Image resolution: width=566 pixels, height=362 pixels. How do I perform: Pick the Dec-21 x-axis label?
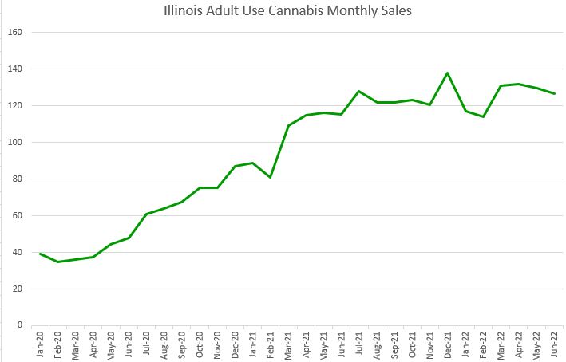click(448, 343)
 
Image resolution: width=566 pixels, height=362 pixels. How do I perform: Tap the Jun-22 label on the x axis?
click(554, 343)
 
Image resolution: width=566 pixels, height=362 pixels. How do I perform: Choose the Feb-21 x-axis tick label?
click(271, 343)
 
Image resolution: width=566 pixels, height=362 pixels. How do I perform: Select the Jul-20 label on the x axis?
click(147, 343)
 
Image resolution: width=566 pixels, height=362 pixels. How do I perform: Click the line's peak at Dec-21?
click(447, 73)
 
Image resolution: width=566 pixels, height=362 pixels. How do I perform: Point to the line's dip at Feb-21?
click(270, 177)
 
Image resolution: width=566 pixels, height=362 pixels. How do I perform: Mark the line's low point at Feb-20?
click(57, 262)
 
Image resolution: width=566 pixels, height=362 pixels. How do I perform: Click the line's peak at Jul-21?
click(359, 92)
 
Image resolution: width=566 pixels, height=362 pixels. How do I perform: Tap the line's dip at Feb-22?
click(483, 117)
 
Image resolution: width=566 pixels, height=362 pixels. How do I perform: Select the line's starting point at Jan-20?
click(40, 254)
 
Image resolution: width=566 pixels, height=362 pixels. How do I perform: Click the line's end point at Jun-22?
click(554, 94)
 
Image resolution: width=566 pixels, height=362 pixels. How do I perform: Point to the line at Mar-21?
click(288, 125)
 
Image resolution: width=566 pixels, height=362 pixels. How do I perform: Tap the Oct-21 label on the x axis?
click(412, 343)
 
